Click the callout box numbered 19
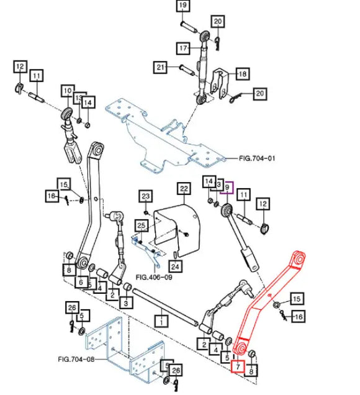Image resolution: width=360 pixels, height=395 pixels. click(183, 6)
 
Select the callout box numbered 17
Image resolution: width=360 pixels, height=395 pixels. click(184, 48)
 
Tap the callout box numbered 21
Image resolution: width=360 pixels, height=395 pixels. click(160, 67)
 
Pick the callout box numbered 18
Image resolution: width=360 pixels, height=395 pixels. click(243, 74)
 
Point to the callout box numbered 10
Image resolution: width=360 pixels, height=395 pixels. click(68, 91)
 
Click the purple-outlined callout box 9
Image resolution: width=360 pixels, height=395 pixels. click(227, 188)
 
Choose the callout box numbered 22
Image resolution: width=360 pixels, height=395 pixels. click(184, 189)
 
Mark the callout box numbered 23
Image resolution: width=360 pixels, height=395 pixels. click(146, 196)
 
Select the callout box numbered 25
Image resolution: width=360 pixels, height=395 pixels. click(142, 226)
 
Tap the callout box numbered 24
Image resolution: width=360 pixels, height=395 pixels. click(175, 266)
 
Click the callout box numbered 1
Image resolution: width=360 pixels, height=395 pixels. click(161, 321)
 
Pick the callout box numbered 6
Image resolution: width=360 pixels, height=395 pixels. click(81, 281)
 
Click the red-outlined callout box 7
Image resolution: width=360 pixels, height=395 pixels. click(238, 366)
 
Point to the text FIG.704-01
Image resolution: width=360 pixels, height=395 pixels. click(257, 158)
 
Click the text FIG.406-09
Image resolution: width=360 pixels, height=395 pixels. click(154, 277)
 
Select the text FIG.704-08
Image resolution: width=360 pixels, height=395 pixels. click(76, 359)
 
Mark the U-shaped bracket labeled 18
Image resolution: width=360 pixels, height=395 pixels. click(220, 83)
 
